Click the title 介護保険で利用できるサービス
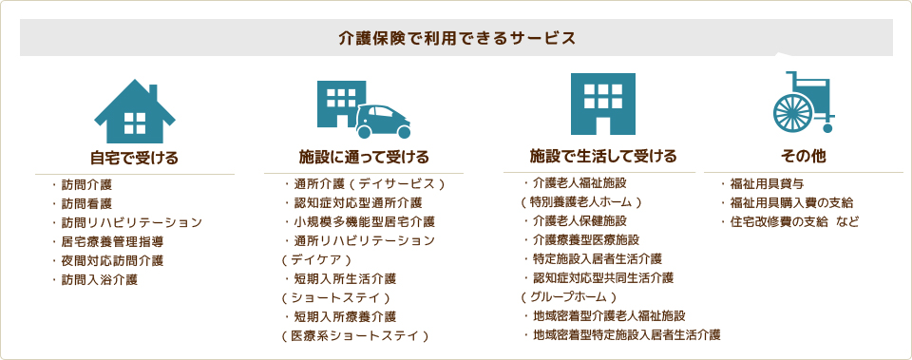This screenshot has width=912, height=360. (457, 39)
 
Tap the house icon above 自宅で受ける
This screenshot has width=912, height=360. (135, 111)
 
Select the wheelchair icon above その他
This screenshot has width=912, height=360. (804, 104)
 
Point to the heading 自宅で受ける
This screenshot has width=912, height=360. (134, 157)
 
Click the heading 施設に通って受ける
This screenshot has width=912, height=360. (365, 157)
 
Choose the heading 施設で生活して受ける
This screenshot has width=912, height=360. (604, 156)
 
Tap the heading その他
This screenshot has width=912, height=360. (803, 155)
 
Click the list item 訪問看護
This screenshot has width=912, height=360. (86, 203)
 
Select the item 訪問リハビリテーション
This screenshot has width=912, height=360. (132, 222)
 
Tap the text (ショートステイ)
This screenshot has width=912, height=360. (337, 297)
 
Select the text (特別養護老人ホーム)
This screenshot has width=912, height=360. (582, 201)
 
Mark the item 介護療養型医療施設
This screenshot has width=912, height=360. (586, 239)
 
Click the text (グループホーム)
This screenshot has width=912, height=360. (569, 296)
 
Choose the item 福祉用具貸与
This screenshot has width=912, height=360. (768, 183)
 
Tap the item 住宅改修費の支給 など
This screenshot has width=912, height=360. (795, 221)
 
